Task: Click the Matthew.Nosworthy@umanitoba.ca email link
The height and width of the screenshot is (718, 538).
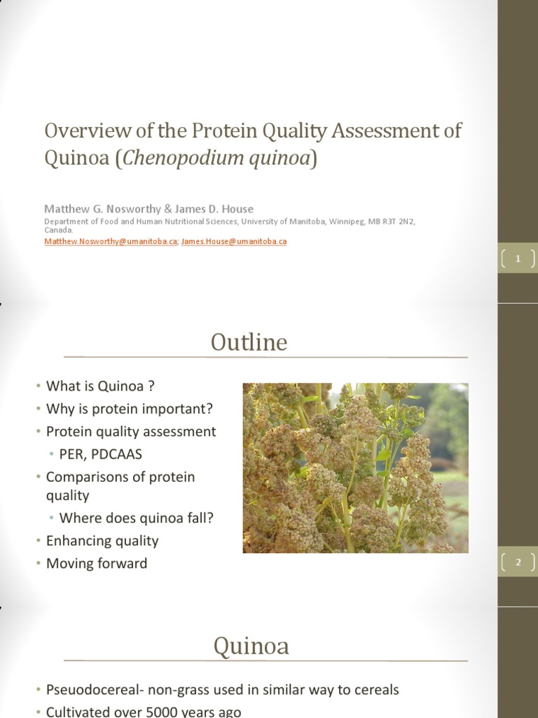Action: coord(111,241)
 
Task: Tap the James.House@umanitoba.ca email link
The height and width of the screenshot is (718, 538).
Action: coord(234,241)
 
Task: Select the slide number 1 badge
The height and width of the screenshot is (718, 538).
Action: coord(518,259)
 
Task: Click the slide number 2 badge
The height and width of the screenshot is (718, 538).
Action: coord(518,562)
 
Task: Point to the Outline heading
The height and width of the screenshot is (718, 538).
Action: coord(249,342)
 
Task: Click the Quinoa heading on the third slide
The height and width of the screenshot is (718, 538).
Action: coord(251,645)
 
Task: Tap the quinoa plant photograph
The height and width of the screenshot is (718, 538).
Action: coord(355,468)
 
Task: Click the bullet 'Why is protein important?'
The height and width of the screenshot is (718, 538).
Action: coord(129,408)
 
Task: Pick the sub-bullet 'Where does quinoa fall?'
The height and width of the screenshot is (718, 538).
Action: coord(136,518)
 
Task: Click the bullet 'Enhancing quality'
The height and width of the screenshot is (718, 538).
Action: coord(102,541)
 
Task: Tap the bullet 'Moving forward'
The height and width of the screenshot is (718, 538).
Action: coord(97,563)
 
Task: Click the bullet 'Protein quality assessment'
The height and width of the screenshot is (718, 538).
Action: coord(131,431)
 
